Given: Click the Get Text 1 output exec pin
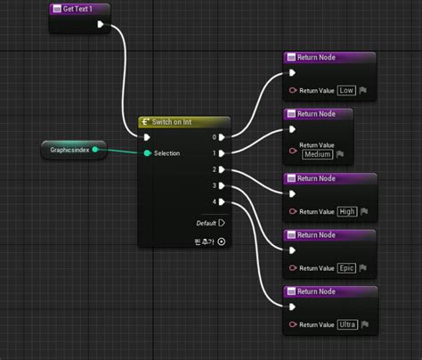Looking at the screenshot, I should point(100,25).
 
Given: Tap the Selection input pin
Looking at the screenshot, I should point(148,153).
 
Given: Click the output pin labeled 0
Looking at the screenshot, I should point(222,137).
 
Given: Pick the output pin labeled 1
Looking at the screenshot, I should point(222,153).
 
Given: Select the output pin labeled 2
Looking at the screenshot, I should point(222,169).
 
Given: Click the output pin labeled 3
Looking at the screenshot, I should point(222,185).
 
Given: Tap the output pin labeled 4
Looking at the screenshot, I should point(222,201).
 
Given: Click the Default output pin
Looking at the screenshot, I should point(221,223).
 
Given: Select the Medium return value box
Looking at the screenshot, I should point(319,154).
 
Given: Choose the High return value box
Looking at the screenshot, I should point(348,211).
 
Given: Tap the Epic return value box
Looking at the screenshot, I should point(347,267).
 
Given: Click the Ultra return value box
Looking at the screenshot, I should point(348,324).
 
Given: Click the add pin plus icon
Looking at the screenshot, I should point(222,241).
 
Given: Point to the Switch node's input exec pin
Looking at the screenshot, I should point(147,137).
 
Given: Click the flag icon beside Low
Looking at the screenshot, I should point(363,91).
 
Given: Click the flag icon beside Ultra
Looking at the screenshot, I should point(364,324).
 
